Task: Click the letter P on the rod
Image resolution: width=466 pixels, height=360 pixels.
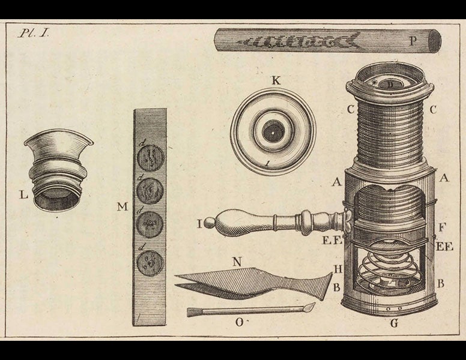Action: (x=413, y=41)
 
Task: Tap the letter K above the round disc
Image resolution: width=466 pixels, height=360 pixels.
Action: (x=275, y=80)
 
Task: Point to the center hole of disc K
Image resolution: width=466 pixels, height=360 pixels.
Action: (x=273, y=131)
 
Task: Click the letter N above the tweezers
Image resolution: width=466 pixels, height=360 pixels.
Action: (x=237, y=262)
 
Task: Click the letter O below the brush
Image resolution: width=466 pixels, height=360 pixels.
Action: (x=239, y=322)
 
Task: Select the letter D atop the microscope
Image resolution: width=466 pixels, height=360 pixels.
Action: (x=390, y=85)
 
